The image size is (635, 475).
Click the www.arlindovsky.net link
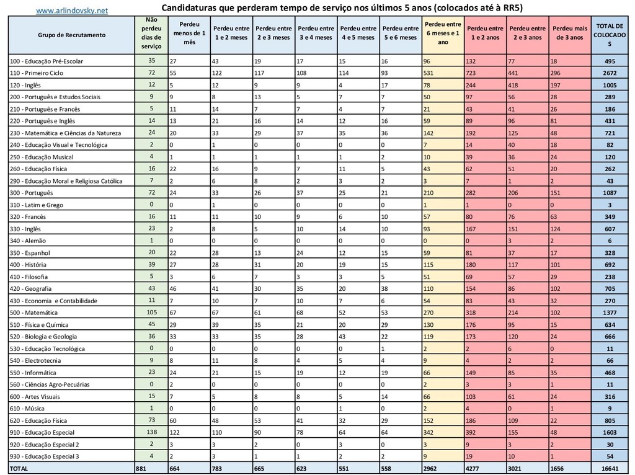tap(73, 11)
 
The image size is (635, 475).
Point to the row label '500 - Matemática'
tap(34, 313)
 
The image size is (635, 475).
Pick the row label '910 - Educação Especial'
tap(42, 432)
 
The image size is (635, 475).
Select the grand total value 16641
tap(610, 469)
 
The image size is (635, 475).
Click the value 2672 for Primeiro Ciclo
tap(610, 73)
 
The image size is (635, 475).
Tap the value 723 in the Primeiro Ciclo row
tap(472, 73)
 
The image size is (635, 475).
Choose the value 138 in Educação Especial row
tap(151, 432)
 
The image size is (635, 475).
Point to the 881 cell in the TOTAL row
tap(141, 469)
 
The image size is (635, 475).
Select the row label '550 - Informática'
tap(32, 373)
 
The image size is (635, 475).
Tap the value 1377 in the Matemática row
tap(610, 313)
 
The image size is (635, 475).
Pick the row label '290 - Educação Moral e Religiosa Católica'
tap(66, 180)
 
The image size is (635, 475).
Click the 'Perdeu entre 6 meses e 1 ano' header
tap(443, 33)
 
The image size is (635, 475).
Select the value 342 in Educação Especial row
tap(429, 432)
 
